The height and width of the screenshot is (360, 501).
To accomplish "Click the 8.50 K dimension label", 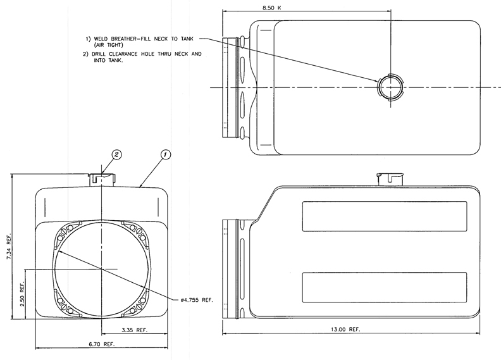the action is (x=272, y=8).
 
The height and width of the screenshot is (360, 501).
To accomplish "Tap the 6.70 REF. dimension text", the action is (x=102, y=344).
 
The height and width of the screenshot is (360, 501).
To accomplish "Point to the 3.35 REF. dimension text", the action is (x=135, y=330).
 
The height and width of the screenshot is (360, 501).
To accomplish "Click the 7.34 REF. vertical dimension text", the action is (x=9, y=243).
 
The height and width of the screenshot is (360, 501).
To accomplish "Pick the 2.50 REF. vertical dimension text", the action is (x=22, y=294).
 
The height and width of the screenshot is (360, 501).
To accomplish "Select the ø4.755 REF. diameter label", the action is (x=197, y=300).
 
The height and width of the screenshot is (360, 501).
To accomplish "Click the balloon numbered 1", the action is (x=165, y=155).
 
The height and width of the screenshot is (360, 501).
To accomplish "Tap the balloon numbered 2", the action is (x=116, y=154).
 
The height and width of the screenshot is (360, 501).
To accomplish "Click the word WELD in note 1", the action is (x=101, y=39).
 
